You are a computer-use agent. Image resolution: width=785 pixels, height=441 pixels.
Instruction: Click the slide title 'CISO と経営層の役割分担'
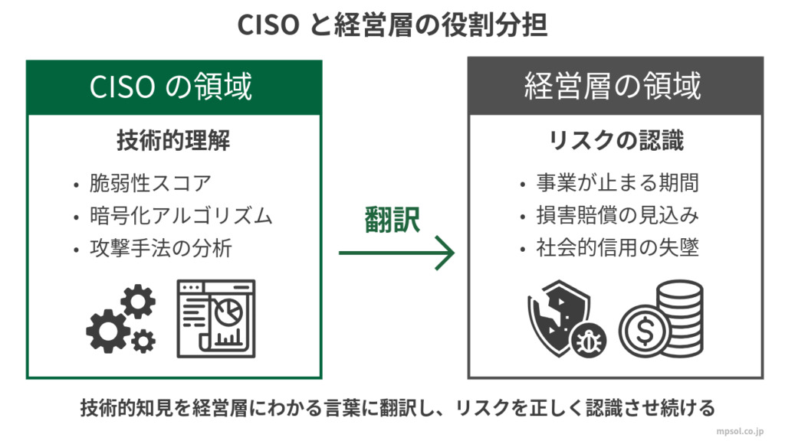392,25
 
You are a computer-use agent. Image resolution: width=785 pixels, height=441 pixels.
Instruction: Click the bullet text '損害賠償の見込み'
617,217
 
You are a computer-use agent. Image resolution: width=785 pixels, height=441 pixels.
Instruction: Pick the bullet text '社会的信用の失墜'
617,249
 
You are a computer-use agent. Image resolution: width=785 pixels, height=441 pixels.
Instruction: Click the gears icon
121,321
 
